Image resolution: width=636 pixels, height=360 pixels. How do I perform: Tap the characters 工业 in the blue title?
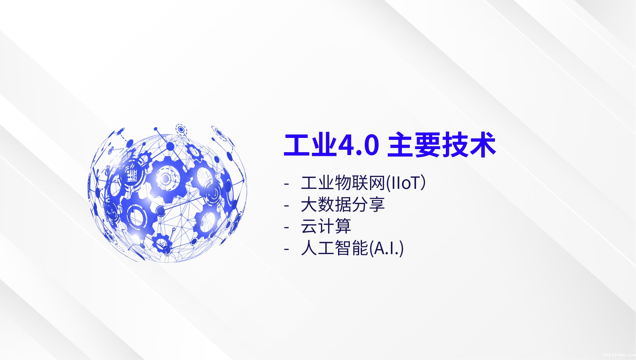tap(310, 145)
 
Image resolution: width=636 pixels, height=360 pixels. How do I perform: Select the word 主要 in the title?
tap(414, 145)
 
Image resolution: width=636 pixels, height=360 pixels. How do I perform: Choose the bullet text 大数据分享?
tap(343, 205)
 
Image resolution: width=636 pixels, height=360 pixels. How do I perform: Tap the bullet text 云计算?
tap(326, 226)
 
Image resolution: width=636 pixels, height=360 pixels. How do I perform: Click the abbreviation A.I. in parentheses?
tap(387, 248)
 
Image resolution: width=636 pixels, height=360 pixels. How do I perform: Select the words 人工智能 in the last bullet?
tap(335, 248)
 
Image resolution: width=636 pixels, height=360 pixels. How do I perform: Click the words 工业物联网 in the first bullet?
tap(343, 183)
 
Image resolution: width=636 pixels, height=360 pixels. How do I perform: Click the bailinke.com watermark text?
tap(619, 355)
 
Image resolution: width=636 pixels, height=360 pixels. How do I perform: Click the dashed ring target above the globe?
tap(181, 129)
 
